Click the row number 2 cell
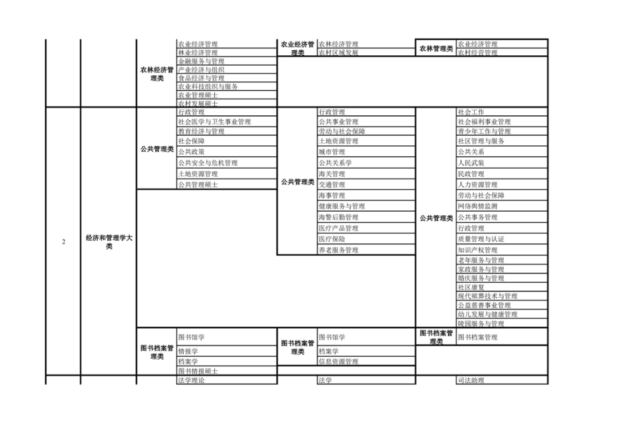point(63,242)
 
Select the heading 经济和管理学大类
point(109,242)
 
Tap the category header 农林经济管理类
point(157,74)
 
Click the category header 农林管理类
point(436,48)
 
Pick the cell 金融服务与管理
point(201,61)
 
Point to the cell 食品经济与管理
point(201,78)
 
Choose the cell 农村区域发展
point(338,53)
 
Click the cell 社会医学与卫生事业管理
point(214,122)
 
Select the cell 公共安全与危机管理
point(208,163)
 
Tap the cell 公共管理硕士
point(198,185)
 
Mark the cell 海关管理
point(332,174)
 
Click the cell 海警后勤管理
point(338,217)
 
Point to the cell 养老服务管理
point(338,250)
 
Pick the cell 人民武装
point(471,163)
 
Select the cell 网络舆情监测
point(478,206)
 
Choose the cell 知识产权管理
point(478,250)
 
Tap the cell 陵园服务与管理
point(481,324)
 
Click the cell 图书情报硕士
point(198,371)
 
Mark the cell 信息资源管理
point(338,362)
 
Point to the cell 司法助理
point(471,380)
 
